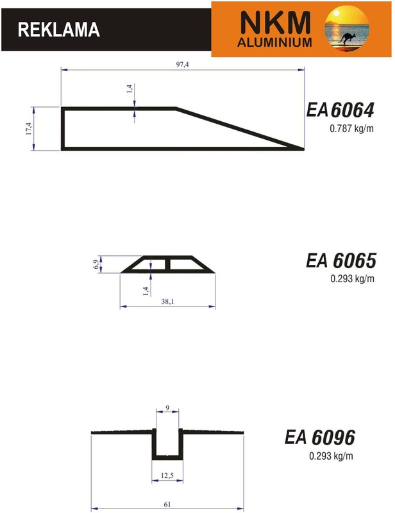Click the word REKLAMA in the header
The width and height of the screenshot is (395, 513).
[x=58, y=29]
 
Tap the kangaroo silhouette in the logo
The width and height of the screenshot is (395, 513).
[x=346, y=38]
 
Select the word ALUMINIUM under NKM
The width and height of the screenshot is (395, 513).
[x=274, y=42]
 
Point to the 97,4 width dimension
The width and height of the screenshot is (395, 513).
[x=183, y=65]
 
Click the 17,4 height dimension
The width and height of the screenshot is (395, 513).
[x=28, y=129]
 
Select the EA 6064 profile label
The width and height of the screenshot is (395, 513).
[x=340, y=110]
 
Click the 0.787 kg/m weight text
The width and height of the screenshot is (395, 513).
[x=351, y=129]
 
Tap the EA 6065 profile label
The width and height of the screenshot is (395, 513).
[x=341, y=261]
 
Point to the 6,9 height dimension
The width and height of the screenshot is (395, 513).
[x=96, y=264]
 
